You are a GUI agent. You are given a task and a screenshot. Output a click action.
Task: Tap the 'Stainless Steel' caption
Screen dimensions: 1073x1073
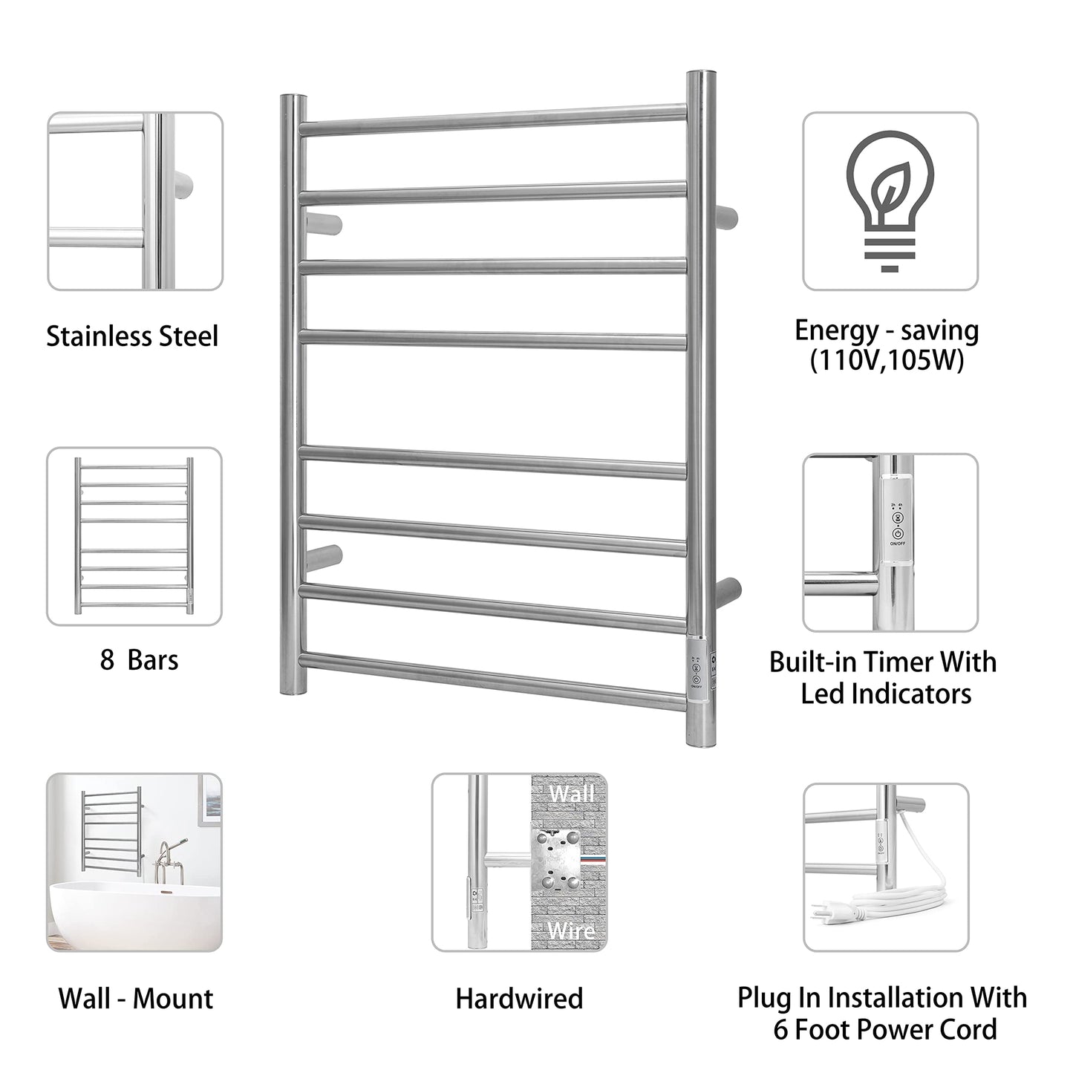tap(133, 336)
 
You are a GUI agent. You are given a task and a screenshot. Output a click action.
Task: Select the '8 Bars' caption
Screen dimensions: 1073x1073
tap(139, 659)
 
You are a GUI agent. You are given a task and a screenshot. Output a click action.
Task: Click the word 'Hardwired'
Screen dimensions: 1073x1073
tap(519, 999)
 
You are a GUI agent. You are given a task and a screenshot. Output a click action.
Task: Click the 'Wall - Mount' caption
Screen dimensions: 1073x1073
tap(136, 999)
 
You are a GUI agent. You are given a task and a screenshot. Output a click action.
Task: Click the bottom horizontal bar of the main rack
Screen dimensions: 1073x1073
tap(493, 678)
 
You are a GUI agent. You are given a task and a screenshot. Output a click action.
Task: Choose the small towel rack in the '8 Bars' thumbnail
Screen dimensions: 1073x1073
tap(134, 535)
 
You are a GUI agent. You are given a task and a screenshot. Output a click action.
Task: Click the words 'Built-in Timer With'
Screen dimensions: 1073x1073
tap(883, 662)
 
